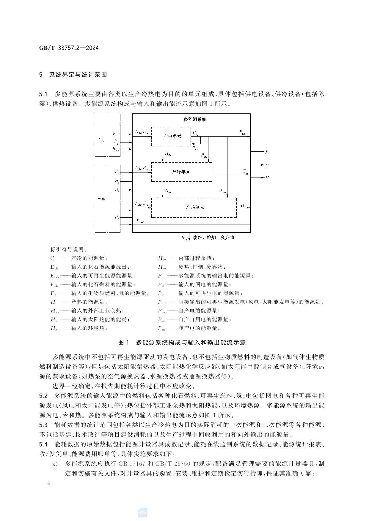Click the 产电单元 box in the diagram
point(172,136)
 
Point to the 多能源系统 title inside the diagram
point(195,119)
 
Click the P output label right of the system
point(267,152)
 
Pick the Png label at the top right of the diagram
point(242,132)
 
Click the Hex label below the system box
point(184,238)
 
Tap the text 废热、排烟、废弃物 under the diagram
point(213,237)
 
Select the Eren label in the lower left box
point(101,198)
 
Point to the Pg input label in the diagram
point(116,141)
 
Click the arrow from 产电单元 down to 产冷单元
point(163,154)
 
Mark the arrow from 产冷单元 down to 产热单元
point(163,190)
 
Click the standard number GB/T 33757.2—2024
point(69,48)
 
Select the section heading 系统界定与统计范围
point(78,75)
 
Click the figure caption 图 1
point(123,342)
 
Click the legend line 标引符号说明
point(69,249)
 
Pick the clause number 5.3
point(43,425)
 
